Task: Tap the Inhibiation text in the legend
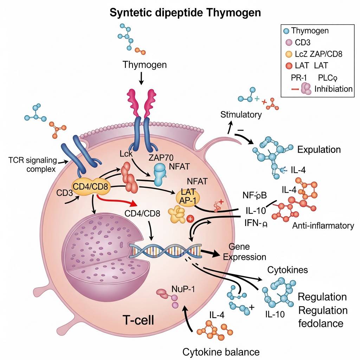point(334,89)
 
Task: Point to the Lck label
point(126,154)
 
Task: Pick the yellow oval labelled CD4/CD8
point(91,186)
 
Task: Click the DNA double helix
point(165,251)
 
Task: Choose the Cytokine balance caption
point(221,352)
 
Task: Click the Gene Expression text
point(245,252)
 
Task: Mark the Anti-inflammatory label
point(323,225)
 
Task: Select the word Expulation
point(319,149)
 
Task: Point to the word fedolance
point(321,323)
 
